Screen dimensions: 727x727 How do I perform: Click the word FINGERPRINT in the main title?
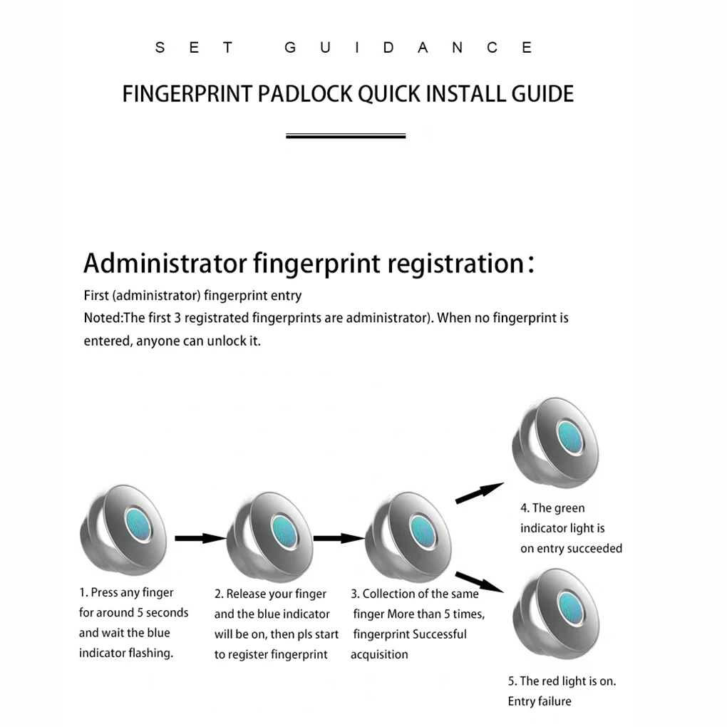[187, 94]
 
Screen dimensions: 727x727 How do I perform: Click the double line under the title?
[346, 135]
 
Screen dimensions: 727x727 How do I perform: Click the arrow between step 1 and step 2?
[200, 538]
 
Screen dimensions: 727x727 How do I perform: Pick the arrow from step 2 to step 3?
[338, 538]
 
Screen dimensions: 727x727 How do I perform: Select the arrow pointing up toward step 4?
[479, 493]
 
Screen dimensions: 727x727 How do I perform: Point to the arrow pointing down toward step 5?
[479, 581]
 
